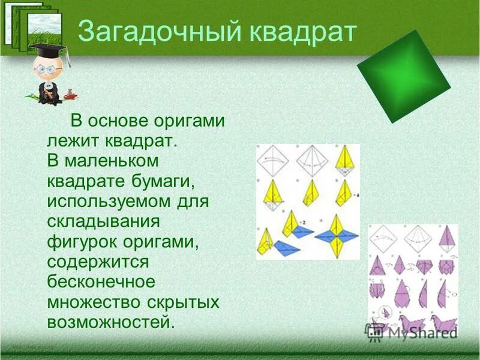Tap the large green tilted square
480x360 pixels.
point(403,76)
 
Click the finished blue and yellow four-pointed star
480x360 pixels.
point(337,236)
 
